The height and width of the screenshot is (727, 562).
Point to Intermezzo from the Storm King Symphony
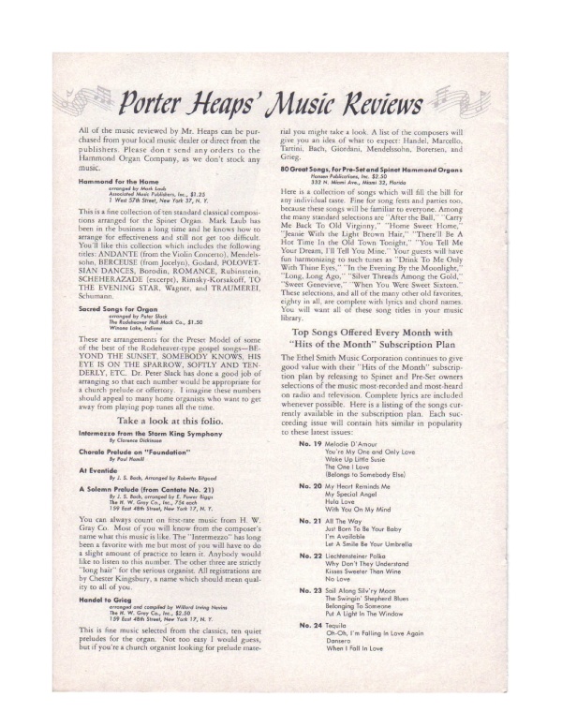click(x=142, y=412)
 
